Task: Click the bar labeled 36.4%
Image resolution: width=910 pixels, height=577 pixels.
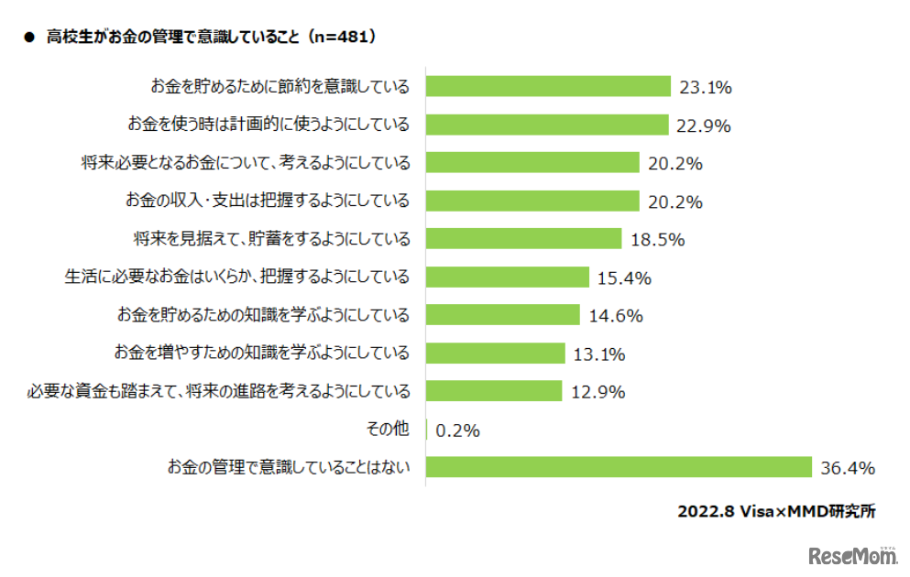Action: coord(619,467)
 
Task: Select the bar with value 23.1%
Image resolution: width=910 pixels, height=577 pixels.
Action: coord(549,87)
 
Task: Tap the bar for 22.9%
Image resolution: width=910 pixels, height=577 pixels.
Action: coord(548,125)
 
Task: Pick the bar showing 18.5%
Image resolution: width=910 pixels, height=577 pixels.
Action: coord(524,239)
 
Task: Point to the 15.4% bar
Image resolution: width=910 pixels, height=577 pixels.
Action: coord(508,277)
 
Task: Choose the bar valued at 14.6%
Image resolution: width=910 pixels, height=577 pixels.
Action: coord(503,315)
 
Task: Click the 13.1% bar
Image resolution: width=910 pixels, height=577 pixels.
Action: coord(496,353)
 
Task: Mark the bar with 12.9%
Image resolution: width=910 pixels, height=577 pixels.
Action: coord(494,391)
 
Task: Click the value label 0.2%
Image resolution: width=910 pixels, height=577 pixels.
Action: coord(458,430)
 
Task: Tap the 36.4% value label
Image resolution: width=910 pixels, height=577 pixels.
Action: coord(848,468)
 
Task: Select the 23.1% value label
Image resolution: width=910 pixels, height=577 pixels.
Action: coord(706,88)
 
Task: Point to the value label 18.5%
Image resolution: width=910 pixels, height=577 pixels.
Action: coord(658,240)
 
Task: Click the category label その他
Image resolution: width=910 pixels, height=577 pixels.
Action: coord(388,429)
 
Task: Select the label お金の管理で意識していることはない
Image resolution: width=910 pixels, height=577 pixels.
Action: coord(288,467)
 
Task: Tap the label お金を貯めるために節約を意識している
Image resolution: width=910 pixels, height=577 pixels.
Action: coord(280,87)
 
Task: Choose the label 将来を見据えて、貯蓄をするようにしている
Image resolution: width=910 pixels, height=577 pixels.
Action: coord(271,239)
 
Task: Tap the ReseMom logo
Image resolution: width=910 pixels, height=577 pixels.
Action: coord(852,555)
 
